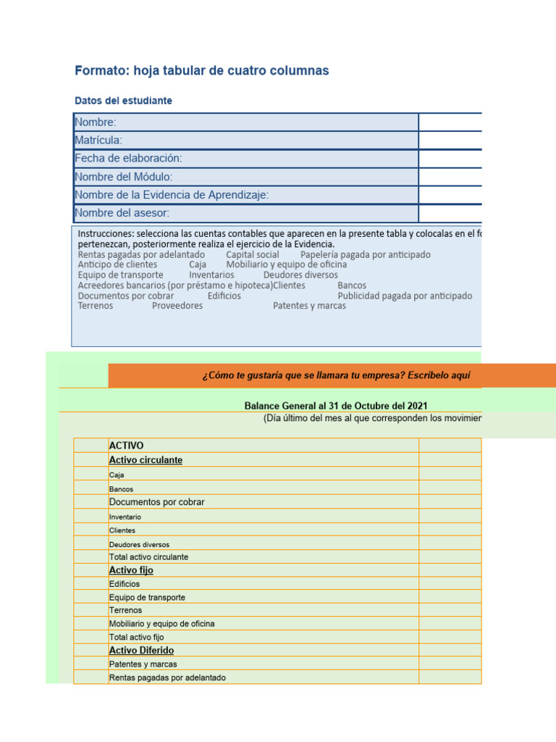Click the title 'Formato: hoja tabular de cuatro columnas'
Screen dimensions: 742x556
point(202,71)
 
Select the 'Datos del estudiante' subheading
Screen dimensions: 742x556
point(124,101)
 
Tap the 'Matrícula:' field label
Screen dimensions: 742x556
point(98,140)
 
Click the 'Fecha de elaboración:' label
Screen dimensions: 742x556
point(128,158)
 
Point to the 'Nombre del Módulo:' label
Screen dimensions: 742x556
point(124,177)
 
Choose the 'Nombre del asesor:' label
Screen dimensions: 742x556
point(122,213)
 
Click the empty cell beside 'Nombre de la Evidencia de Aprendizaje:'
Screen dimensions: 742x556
point(450,195)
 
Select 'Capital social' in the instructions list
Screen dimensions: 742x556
point(252,254)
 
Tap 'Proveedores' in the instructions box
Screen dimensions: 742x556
point(177,306)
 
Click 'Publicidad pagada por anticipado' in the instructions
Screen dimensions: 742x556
point(405,296)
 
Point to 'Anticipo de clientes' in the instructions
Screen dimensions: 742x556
point(117,264)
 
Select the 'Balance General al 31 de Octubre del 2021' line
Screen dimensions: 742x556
point(340,405)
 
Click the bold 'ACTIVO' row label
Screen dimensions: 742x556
point(126,446)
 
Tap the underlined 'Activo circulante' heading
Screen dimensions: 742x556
point(146,460)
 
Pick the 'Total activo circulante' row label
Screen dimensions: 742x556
point(148,557)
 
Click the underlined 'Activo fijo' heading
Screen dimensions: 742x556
point(131,570)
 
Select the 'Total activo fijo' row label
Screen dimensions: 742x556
point(136,637)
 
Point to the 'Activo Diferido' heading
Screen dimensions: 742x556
point(141,651)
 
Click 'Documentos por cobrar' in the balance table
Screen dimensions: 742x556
point(156,502)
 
